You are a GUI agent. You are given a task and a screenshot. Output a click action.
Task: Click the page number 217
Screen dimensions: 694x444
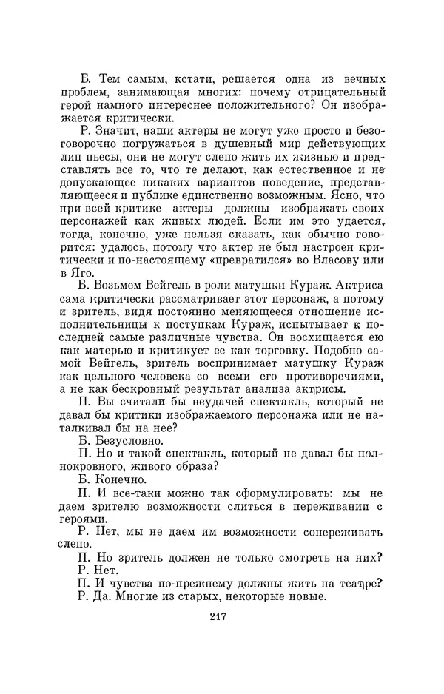pyautogui.click(x=218, y=618)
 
